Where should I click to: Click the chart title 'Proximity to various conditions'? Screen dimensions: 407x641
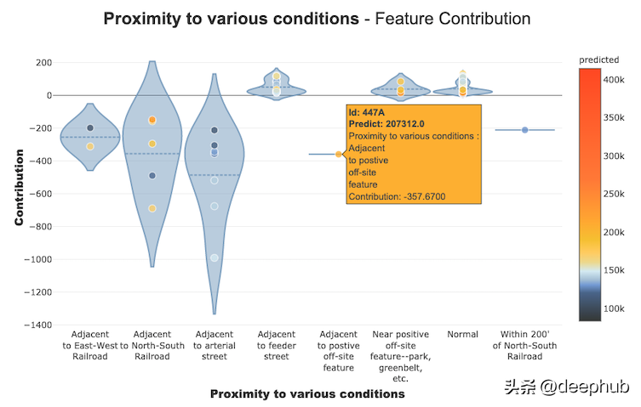click(228, 18)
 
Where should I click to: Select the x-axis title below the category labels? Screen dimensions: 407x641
click(306, 394)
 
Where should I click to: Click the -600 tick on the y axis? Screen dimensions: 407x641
click(37, 194)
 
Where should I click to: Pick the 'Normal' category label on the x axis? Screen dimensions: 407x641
click(462, 335)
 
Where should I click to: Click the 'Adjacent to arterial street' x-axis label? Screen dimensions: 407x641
click(215, 346)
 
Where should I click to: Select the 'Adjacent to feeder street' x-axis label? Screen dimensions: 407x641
click(276, 346)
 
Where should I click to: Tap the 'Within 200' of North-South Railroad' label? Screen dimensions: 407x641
click(524, 346)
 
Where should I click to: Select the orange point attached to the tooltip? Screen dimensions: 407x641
click(339, 154)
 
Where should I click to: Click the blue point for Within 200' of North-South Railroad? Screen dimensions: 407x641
click(525, 130)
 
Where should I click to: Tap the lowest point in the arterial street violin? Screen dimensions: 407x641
click(215, 257)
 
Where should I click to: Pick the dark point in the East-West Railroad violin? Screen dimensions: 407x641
click(90, 128)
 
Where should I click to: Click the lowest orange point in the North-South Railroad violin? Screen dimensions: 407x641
click(152, 208)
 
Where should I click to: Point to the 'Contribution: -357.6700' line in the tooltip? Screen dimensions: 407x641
click(397, 197)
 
